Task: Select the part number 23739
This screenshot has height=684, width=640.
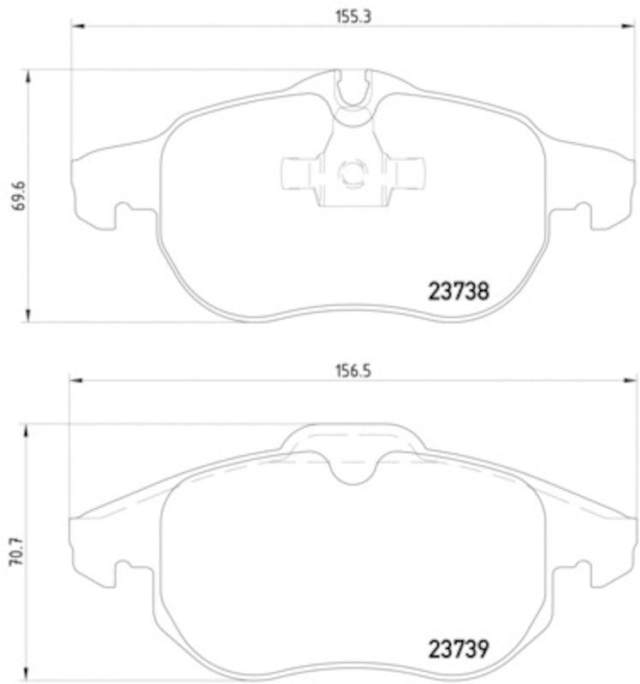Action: coord(458,648)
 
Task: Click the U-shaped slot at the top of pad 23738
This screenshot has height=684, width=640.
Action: coord(352,89)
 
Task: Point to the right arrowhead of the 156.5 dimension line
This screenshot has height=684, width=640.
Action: coord(631,382)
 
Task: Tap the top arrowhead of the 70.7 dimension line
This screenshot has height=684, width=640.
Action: coord(30,430)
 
